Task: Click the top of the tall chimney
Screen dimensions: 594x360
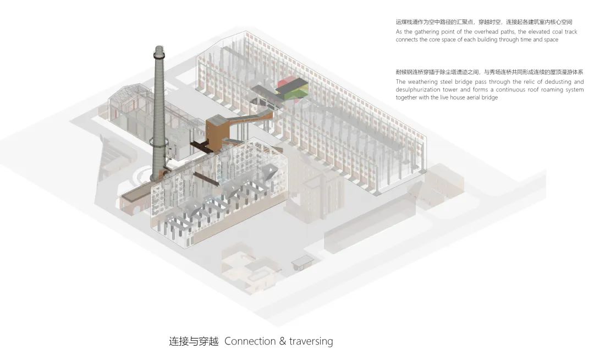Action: tap(159, 48)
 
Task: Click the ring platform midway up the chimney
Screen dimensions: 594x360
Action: tap(159, 143)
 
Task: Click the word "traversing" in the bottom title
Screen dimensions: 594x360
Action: tap(311, 341)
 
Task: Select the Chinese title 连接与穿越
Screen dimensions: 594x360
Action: tap(194, 341)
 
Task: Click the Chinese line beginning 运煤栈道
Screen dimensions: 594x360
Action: tap(484, 22)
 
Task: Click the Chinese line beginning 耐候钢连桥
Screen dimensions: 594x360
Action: tap(490, 72)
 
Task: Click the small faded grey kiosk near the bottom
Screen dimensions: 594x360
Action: tap(301, 262)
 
